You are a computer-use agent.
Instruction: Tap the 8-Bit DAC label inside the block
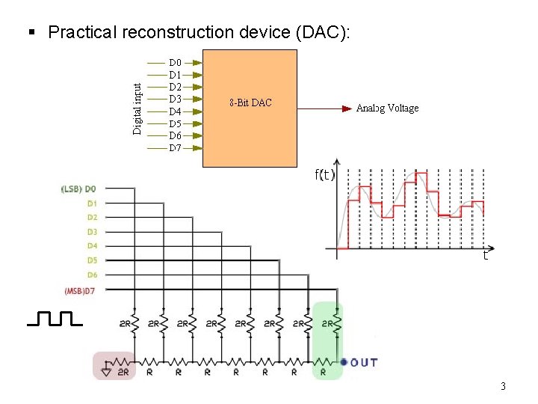click(250, 102)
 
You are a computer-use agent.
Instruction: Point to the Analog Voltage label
click(387, 108)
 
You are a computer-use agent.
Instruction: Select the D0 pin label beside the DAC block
click(175, 63)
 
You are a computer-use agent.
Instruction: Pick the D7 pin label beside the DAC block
click(175, 147)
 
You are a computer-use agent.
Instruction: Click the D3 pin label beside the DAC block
click(175, 99)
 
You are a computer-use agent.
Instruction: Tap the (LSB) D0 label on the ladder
click(78, 189)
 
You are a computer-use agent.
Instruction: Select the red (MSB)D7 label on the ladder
click(80, 290)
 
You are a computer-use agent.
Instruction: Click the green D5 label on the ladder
click(91, 260)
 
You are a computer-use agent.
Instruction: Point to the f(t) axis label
click(324, 176)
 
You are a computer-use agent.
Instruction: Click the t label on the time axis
click(485, 256)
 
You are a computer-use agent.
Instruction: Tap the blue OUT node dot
click(344, 362)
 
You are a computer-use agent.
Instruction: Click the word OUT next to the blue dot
click(364, 363)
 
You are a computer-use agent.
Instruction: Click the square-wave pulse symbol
click(55, 319)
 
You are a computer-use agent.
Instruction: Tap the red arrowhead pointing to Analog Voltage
click(347, 108)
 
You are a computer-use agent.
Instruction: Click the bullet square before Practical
click(31, 32)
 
